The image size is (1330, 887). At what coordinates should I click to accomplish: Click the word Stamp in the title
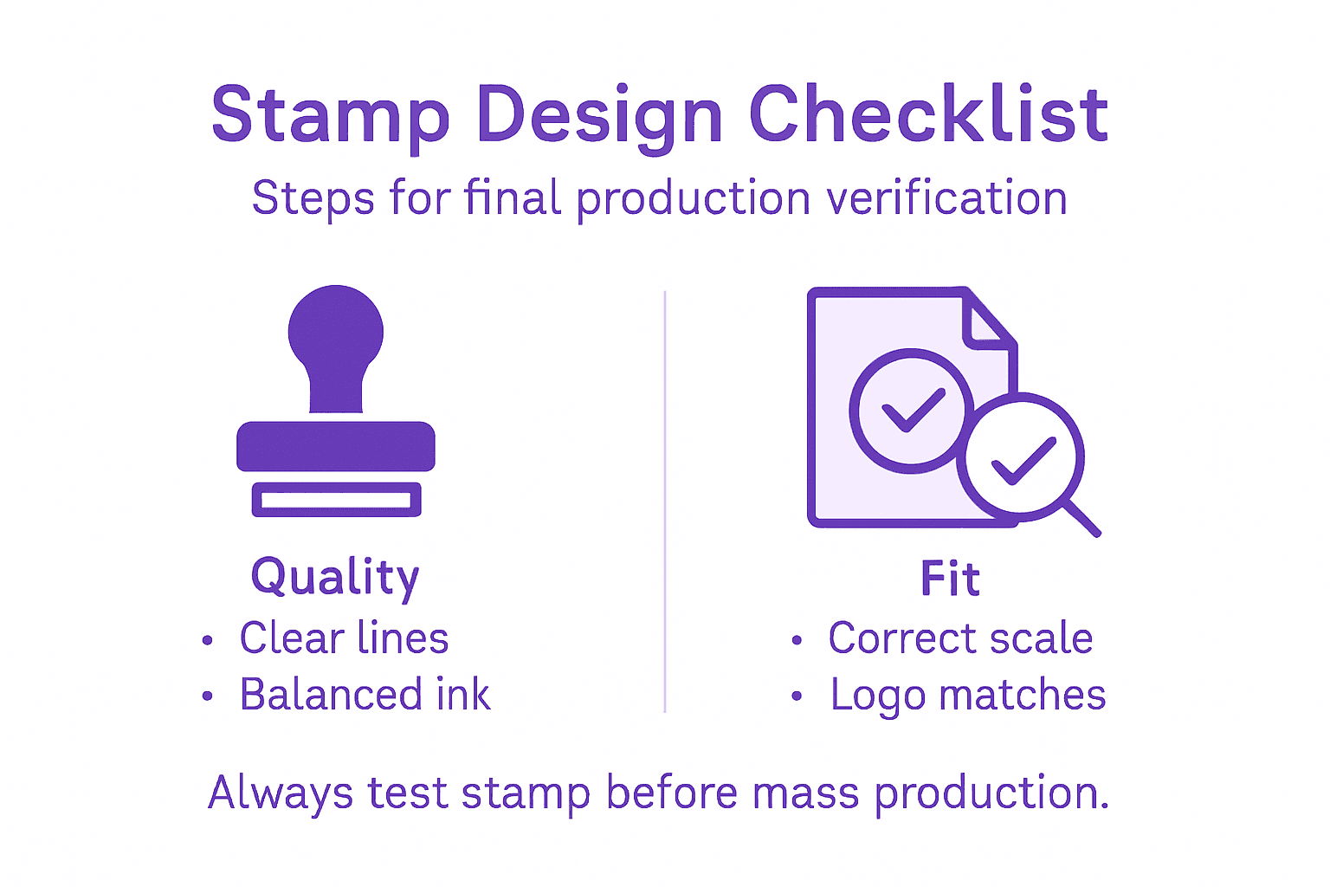[x=331, y=115]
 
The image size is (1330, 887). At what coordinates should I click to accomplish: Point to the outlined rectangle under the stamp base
[x=336, y=500]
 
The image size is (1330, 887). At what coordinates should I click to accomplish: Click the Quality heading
[x=335, y=577]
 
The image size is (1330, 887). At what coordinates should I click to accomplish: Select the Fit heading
[x=950, y=579]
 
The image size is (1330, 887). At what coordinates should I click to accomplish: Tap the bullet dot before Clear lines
[x=207, y=641]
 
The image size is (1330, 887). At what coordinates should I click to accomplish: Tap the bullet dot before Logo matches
[x=797, y=696]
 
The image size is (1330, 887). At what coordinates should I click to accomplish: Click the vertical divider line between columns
[x=665, y=502]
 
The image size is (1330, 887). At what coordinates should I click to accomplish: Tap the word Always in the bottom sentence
[x=281, y=793]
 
